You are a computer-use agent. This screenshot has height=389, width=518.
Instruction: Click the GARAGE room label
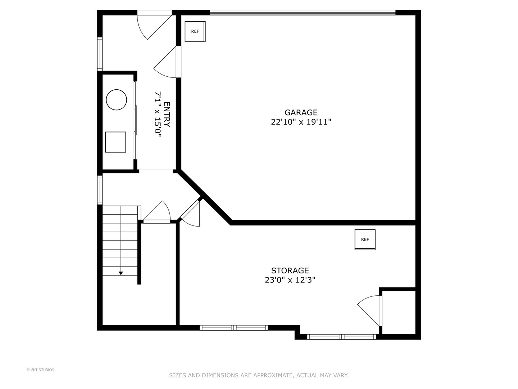coord(301,113)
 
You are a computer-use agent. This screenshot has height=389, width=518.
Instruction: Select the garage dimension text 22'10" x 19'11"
coord(301,122)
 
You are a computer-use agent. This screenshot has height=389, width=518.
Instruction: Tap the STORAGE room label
coord(290,270)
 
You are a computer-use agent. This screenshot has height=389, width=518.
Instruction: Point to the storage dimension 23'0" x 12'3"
coord(290,280)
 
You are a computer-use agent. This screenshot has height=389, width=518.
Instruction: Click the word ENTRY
coord(167,114)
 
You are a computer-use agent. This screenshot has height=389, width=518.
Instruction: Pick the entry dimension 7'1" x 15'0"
coord(158,114)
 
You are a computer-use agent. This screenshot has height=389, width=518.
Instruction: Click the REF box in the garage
coord(195,32)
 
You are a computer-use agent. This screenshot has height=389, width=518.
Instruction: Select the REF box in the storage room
coord(365,240)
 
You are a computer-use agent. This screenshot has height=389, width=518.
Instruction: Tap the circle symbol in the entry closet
coord(116,100)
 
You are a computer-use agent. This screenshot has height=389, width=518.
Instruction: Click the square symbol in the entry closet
coord(115,142)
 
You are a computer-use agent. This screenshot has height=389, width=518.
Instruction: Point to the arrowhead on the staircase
coord(121,273)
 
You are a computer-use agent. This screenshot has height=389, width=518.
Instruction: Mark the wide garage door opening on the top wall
coord(302,13)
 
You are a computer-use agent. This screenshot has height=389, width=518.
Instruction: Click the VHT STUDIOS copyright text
coord(40,370)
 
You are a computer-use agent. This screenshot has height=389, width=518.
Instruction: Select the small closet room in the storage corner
coord(398,312)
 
